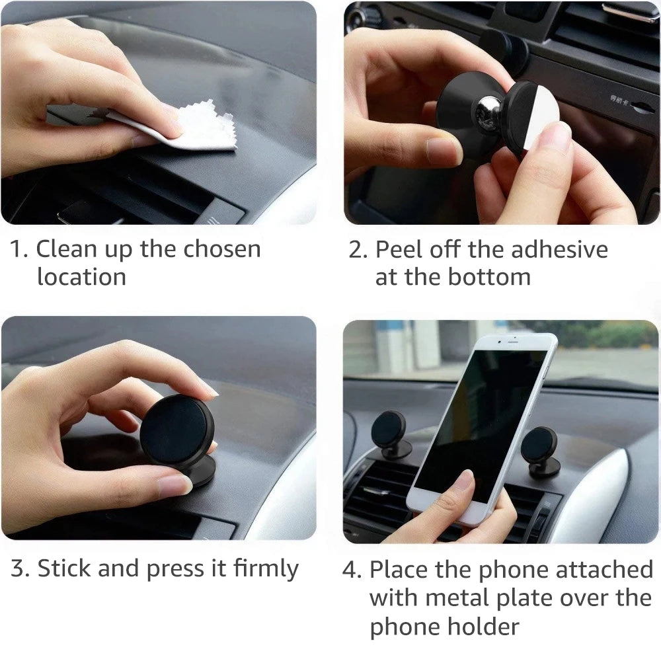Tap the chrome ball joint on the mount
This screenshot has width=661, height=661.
pos(490,108)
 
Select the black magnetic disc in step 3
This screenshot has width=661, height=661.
pos(176,429)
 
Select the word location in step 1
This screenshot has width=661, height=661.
pos(81,277)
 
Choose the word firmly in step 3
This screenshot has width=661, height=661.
pos(266,568)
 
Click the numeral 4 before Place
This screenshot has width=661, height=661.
pos(350,570)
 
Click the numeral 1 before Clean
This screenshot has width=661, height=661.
pos(17,250)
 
